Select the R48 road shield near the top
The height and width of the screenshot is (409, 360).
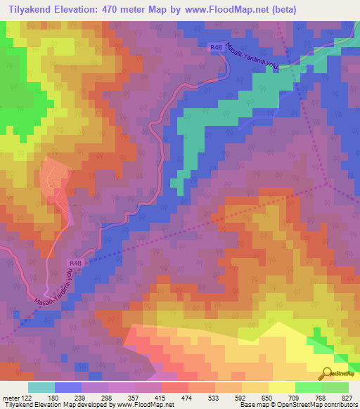point(217,47)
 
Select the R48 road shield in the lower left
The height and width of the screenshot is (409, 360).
point(77,264)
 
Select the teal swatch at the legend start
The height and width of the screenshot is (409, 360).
point(41,387)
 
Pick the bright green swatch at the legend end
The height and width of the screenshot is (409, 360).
point(335,387)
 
